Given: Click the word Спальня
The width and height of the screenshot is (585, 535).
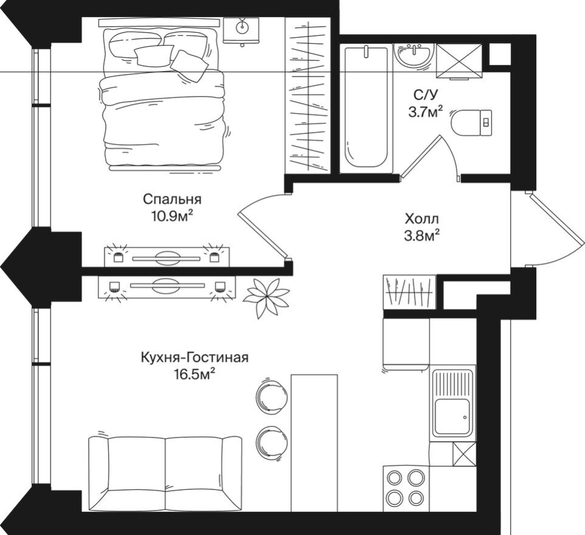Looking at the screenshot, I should (172, 199).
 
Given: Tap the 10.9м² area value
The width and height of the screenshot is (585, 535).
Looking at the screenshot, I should (172, 215).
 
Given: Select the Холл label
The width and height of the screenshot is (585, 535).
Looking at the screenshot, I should (422, 219).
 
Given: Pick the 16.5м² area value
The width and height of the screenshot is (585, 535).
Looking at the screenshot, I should (194, 374).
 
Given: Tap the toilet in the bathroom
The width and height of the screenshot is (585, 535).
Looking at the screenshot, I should (472, 123).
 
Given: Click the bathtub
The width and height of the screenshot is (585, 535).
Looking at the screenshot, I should (366, 108).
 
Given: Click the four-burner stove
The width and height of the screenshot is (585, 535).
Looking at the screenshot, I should (406, 488).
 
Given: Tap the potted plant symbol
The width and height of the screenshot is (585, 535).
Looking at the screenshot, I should (266, 296).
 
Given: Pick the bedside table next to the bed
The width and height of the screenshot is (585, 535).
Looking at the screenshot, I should (241, 30).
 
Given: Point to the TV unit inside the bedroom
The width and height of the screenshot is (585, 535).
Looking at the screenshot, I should (166, 257).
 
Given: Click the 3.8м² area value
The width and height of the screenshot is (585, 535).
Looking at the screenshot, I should (422, 235).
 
